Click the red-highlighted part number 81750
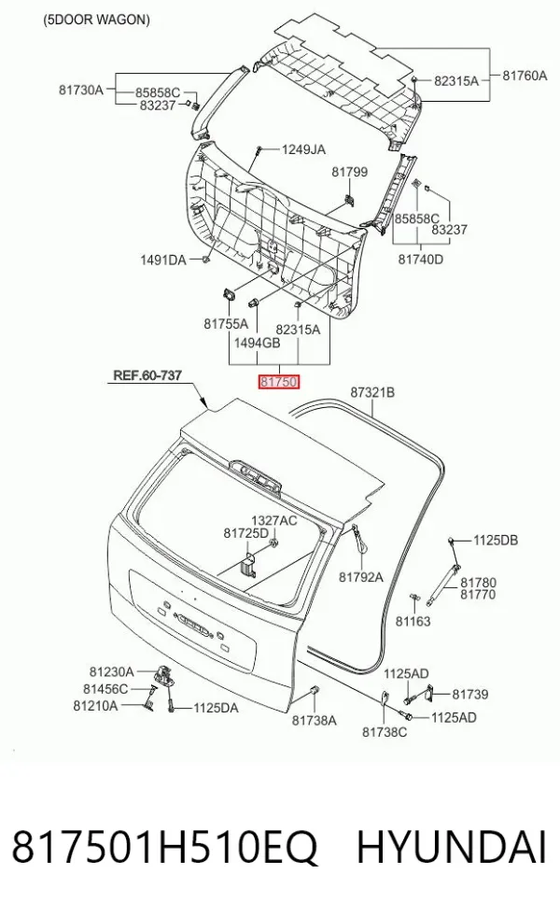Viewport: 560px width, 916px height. tap(279, 382)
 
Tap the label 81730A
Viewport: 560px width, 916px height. tap(80, 90)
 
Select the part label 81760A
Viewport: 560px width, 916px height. tap(525, 75)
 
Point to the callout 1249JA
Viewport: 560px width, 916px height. tap(303, 149)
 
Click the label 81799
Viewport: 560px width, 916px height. tap(350, 171)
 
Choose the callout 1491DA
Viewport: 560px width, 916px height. tap(163, 260)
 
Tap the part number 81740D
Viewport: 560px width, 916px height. tap(420, 259)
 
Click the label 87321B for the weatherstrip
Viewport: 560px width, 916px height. tap(372, 392)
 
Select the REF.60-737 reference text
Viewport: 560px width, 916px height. tap(147, 374)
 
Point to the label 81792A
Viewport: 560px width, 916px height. tap(361, 577)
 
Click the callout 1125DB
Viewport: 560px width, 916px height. tap(496, 540)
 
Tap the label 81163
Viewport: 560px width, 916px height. tap(413, 621)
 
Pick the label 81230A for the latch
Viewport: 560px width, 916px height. tap(111, 671)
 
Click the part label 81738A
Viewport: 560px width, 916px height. tap(315, 720)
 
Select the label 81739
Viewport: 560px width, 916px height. tap(470, 694)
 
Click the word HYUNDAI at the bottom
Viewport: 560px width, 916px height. tap(452, 847)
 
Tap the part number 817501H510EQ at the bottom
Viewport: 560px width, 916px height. tap(164, 848)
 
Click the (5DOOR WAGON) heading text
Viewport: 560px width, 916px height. tap(96, 20)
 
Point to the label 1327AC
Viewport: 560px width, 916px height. tap(273, 520)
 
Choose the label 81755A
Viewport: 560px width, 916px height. tap(226, 324)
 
